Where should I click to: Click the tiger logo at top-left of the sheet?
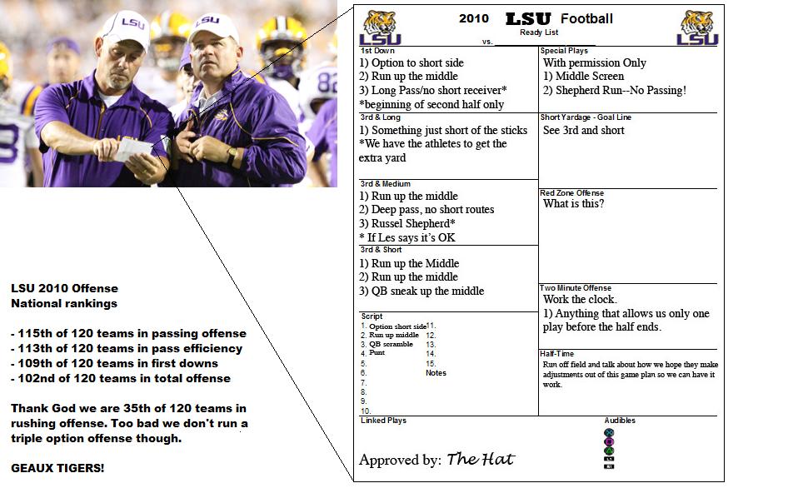pos(380,27)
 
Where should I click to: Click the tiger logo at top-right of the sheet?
pos(698,27)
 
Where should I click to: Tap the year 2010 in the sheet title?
pos(474,18)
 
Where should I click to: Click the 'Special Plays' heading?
pos(564,51)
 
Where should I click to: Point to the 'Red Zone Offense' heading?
pos(571,193)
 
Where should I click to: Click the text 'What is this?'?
pos(573,203)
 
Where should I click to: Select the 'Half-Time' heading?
pos(556,354)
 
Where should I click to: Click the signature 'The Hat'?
pos(481,459)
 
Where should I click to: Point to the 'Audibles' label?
pos(620,421)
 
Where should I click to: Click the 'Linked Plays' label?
pos(383,421)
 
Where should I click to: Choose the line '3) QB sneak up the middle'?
pos(421,291)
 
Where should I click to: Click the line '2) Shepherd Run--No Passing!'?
pos(615,90)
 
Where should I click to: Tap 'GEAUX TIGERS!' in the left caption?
pos(57,468)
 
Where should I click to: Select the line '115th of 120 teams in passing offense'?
pos(129,333)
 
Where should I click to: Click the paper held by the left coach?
pos(134,151)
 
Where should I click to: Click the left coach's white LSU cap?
pos(123,28)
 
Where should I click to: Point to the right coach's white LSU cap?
pos(213,28)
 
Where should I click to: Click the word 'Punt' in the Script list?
pos(377,352)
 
